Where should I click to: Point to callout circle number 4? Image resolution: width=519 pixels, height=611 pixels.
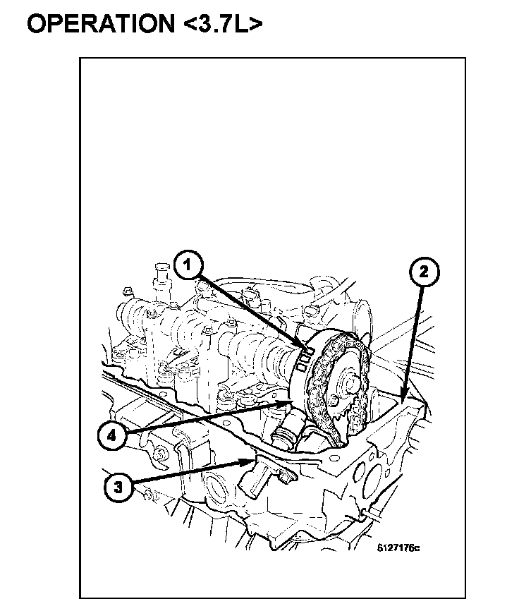[x=111, y=436]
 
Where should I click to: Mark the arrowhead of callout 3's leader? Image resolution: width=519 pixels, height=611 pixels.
[x=252, y=461]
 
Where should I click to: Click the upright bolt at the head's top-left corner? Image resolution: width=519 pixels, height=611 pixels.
[x=157, y=272]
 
